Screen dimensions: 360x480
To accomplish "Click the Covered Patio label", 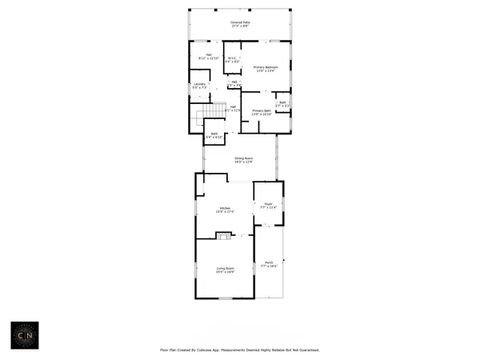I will tap(236, 22).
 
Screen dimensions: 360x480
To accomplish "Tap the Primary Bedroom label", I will tap(265, 67).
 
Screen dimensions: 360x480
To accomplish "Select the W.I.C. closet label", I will tap(231, 58).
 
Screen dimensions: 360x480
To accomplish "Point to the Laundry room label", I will tap(200, 83).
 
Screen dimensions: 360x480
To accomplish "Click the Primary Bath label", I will tap(262, 110).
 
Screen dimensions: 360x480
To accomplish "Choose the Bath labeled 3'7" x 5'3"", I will tap(282, 102).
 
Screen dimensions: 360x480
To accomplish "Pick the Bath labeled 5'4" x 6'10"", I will tap(214, 134).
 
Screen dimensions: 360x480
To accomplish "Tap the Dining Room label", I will tap(243, 158).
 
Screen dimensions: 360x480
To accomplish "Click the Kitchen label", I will tap(226, 208).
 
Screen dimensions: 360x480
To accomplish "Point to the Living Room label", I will tap(225, 268).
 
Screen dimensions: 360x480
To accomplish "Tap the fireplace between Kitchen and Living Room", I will tap(224, 235).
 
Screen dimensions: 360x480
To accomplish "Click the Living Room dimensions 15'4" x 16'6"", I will tap(225, 272).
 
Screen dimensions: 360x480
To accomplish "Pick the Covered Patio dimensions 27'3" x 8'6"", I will tap(236, 26).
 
